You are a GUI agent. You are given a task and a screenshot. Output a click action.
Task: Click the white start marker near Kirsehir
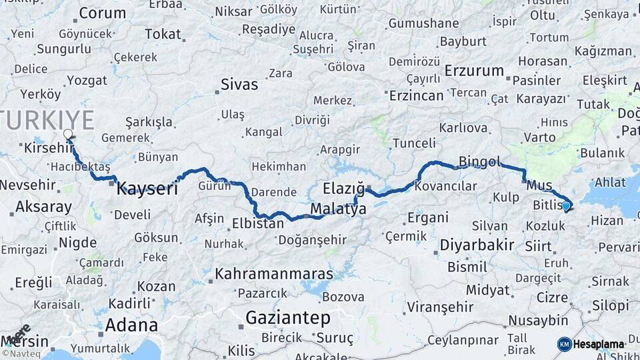pyautogui.click(x=68, y=135)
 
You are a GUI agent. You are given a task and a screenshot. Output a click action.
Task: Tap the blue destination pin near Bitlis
pyautogui.click(x=566, y=206)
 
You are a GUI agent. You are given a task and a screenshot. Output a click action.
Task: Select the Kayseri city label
pyautogui.click(x=147, y=189)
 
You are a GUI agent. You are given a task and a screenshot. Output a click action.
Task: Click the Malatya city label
pyautogui.click(x=338, y=209)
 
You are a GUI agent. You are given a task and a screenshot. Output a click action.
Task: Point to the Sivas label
pyautogui.click(x=239, y=85)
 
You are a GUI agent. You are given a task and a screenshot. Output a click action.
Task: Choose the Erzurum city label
pyautogui.click(x=474, y=71)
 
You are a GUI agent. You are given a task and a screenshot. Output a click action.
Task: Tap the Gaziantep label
pyautogui.click(x=288, y=318)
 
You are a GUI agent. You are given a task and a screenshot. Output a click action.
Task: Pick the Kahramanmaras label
pyautogui.click(x=273, y=274)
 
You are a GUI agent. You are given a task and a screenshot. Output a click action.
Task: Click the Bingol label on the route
pyautogui.click(x=479, y=161)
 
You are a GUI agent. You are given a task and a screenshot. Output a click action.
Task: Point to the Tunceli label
pyautogui.click(x=414, y=143)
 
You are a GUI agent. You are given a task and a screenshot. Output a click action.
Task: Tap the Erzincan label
pyautogui.click(x=416, y=95)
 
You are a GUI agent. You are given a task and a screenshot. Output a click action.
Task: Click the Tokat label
pyautogui.click(x=163, y=34)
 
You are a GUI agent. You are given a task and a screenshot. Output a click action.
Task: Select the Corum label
pyautogui.click(x=102, y=13)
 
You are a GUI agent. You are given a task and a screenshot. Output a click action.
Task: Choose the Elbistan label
pyautogui.click(x=258, y=223)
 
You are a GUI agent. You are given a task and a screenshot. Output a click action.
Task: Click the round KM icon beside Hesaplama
pyautogui.click(x=564, y=344)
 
